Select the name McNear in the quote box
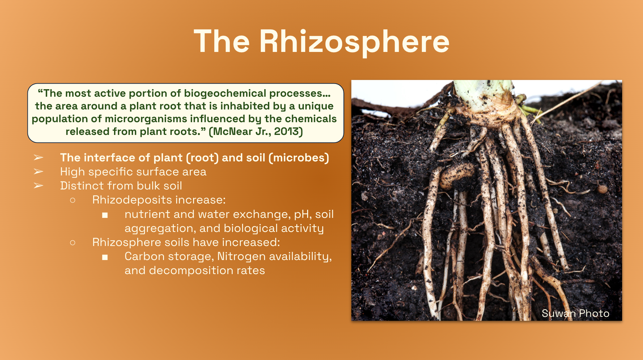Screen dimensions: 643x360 [x=231, y=131]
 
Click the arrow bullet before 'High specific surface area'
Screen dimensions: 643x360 [x=39, y=172]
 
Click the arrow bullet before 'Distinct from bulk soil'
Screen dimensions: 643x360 [x=39, y=186]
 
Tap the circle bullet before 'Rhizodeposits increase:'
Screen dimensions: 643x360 [x=73, y=200]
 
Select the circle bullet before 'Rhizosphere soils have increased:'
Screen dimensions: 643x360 [x=73, y=242]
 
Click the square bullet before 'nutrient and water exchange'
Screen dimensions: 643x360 [x=105, y=215]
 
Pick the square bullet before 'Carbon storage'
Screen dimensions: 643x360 [x=105, y=257]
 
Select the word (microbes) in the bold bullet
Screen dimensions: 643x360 [x=299, y=158]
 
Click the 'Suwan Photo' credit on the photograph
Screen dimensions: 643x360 [x=575, y=314]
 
